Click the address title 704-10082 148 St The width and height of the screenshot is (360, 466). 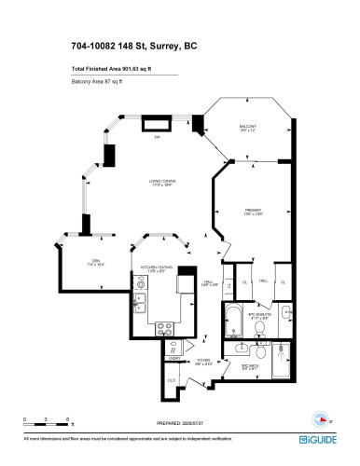(x=133, y=45)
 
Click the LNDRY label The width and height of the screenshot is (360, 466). (x=174, y=358)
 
